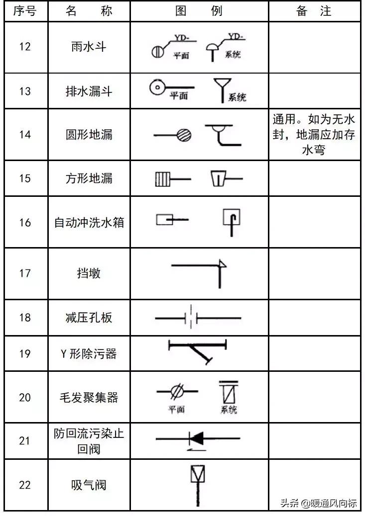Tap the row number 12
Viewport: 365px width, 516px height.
[24, 47]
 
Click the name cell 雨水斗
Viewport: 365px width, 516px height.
[89, 47]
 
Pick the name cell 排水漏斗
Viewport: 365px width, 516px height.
[89, 91]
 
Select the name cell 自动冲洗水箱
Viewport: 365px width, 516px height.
[89, 222]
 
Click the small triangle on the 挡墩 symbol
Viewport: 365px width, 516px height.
[223, 264]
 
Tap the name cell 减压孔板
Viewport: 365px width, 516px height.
[89, 317]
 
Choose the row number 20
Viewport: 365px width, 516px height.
[24, 397]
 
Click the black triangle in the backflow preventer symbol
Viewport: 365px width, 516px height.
[197, 438]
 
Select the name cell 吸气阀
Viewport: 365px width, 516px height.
[89, 485]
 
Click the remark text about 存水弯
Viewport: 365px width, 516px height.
[314, 135]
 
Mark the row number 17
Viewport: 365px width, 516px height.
[24, 273]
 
